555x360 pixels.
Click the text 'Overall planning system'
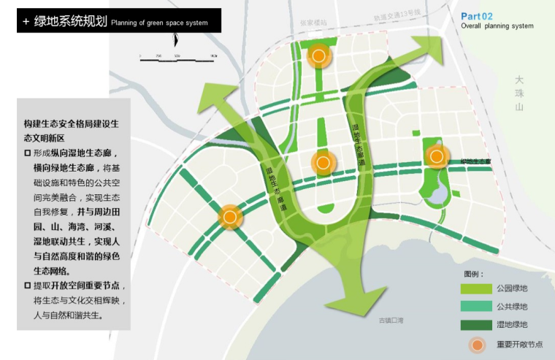(497, 26)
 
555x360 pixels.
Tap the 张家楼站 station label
(313, 23)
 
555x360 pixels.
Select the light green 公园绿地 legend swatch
(475, 288)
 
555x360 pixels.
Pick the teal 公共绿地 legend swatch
(475, 307)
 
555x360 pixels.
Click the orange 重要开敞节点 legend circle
(476, 344)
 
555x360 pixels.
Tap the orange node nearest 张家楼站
(318, 55)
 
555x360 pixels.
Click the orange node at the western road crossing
(230, 216)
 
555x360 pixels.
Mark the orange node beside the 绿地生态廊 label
(437, 156)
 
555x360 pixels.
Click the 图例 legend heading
(474, 274)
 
